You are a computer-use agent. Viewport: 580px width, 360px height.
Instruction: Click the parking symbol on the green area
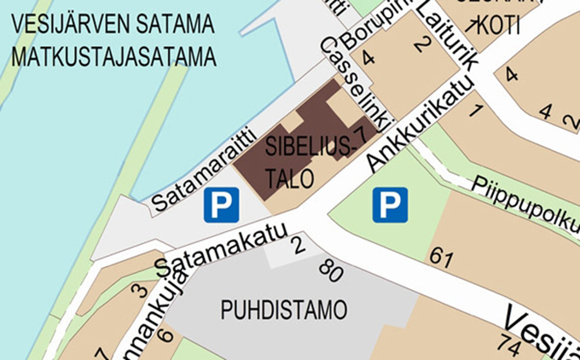coord(390,205)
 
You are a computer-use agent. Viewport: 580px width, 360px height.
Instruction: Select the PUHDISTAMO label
coord(284,310)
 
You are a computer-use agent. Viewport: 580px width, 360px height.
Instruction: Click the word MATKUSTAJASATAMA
coord(110,58)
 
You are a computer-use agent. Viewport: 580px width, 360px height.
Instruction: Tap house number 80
coord(330,273)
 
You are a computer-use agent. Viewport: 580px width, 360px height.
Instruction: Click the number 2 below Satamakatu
coord(297,247)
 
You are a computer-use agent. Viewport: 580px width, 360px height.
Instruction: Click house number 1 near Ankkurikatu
coord(476,109)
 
